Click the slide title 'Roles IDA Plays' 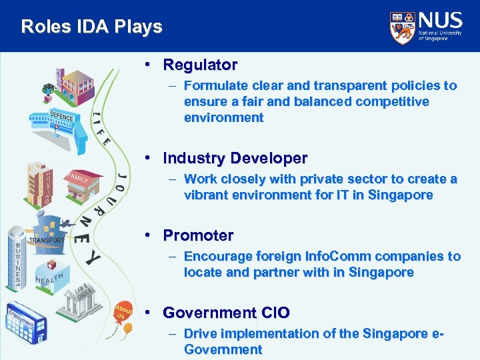pos(91,27)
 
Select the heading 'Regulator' pos(200,65)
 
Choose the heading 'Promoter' pos(198,235)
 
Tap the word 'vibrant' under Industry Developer pos(206,195)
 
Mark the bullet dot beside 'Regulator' pos(153,65)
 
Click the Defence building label pos(61,115)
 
